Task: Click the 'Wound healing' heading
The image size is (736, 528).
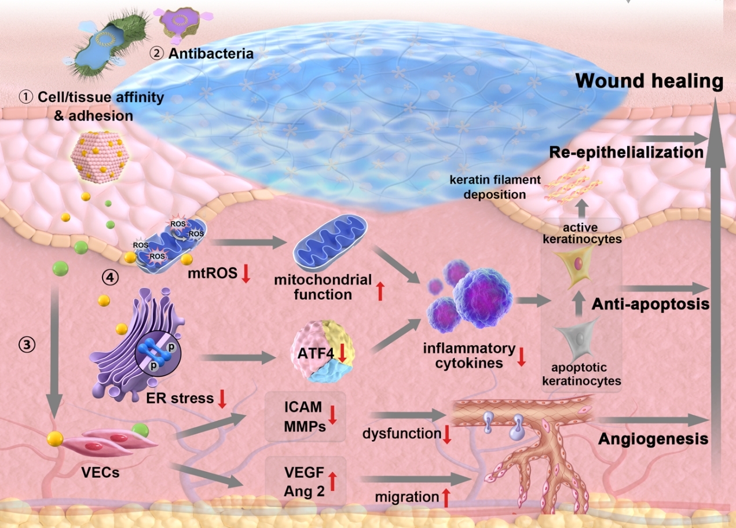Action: (649, 82)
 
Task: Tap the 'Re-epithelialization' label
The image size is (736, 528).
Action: (626, 152)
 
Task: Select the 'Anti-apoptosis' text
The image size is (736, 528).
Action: (650, 304)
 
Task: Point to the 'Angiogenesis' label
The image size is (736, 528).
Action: (653, 438)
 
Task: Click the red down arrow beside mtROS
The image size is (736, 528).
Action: (246, 273)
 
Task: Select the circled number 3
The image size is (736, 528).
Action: (27, 345)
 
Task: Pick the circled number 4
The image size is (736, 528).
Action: (111, 277)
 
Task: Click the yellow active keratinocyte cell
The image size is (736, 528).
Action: (577, 266)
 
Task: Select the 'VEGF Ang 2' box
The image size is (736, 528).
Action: (304, 481)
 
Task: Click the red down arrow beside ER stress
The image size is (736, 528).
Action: (222, 399)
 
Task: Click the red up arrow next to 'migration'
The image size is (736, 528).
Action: (445, 497)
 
